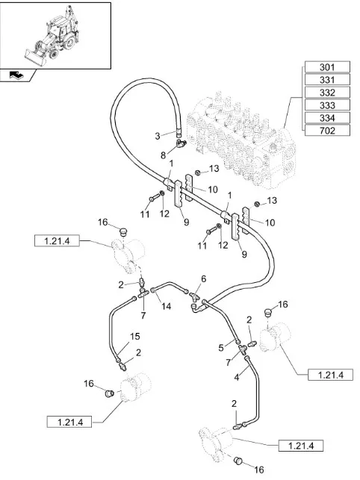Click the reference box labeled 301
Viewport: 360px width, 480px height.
coord(327,67)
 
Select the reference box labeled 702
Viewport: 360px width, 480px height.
coord(327,131)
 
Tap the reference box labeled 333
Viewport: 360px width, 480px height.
coord(327,105)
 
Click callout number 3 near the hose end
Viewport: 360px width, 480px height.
coord(158,136)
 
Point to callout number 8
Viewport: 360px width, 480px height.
coord(164,155)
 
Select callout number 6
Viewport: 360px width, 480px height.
coord(204,279)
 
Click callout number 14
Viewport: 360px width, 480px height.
coord(167,306)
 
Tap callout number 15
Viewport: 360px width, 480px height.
coord(134,337)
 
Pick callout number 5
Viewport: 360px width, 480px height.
coord(221,348)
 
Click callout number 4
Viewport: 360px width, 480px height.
coord(237,377)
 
